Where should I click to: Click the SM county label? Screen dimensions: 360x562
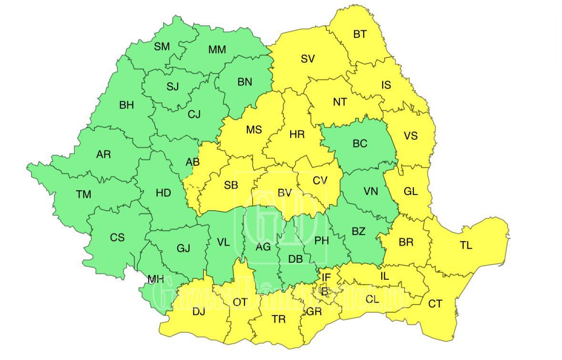coord(162,47)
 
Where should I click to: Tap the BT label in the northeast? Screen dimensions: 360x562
coord(360,34)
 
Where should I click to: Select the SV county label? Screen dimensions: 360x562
coord(308,59)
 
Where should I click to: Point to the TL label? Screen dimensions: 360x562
coord(466,246)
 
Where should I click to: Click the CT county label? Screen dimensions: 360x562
coord(435,304)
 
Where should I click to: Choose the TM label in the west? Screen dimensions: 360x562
coord(83,195)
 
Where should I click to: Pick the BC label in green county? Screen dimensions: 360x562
coord(360,144)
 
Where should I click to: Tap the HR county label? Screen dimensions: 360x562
coord(297,134)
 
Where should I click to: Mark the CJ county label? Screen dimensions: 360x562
coord(194,114)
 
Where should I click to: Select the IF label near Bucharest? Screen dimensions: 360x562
coord(326,278)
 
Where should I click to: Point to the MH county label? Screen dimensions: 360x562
coord(155,280)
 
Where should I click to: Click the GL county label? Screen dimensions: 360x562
coord(410,192)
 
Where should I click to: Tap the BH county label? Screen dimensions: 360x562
coord(126,105)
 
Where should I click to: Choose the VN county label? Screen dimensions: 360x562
coord(370,192)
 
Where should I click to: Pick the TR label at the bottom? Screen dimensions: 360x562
coord(278,319)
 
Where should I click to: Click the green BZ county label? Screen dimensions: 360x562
coord(358,232)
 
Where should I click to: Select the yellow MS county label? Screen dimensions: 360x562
coord(254,130)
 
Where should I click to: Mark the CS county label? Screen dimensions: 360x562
coord(117,237)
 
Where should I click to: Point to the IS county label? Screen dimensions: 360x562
coord(386,85)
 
